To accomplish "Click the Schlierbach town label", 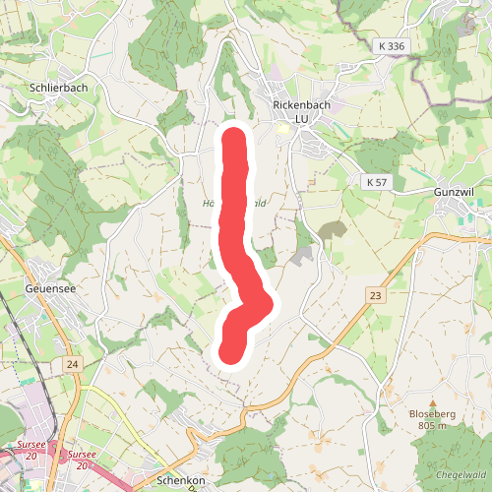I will [x=53, y=88].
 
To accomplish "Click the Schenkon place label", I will [x=180, y=481].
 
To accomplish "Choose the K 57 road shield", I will [x=376, y=182].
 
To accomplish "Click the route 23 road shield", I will [x=374, y=295].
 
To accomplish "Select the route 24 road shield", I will [x=73, y=364].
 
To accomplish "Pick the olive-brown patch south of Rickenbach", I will [x=332, y=233].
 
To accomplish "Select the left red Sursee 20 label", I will [x=30, y=450].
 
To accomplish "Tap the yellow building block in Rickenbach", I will [x=284, y=127].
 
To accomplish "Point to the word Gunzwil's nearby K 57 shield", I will [x=376, y=182].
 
